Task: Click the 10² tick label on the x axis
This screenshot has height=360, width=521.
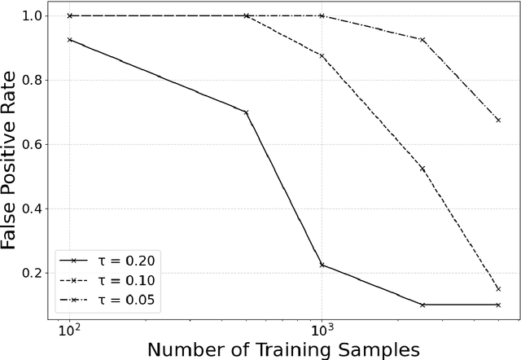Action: tap(70, 331)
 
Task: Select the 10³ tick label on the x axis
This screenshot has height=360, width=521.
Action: tap(322, 331)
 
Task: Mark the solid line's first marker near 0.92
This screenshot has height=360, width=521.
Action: tap(70, 40)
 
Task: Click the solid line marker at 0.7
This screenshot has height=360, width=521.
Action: tap(247, 112)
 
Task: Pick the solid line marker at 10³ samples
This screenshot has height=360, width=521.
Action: tap(322, 265)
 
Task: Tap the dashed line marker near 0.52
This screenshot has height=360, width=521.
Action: tap(422, 169)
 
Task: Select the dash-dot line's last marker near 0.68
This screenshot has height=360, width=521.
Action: tap(498, 120)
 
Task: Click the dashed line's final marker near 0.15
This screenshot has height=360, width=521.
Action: tap(498, 288)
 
